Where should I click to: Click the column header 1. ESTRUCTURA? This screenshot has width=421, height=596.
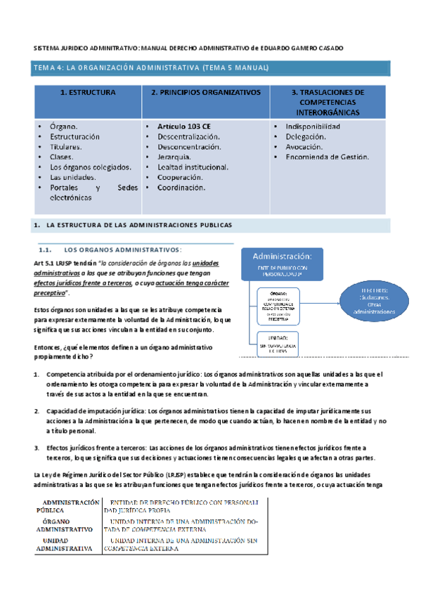(x=88, y=92)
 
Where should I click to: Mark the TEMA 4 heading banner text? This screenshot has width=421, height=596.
(x=151, y=67)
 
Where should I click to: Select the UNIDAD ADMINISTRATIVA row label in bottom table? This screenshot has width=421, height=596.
(x=64, y=543)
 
